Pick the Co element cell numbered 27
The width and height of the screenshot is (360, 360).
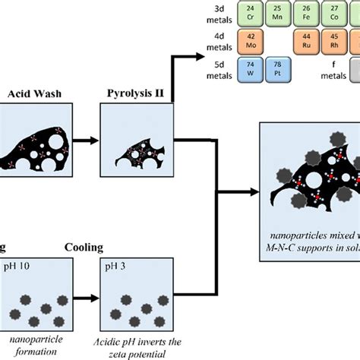pyautogui.click(x=336, y=12)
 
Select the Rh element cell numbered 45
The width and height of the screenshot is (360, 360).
pyautogui.click(x=336, y=40)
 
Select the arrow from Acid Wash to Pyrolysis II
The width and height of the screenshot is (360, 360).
pyautogui.click(x=84, y=141)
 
